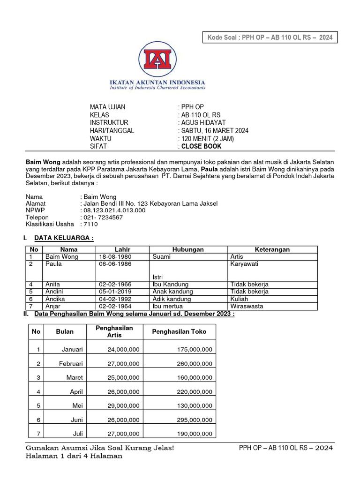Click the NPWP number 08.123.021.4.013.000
(115, 210)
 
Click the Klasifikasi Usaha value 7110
(91, 224)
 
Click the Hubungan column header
(188, 249)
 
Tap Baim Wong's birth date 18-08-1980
(115, 256)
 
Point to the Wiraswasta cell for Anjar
(247, 306)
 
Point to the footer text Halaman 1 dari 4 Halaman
(74, 456)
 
